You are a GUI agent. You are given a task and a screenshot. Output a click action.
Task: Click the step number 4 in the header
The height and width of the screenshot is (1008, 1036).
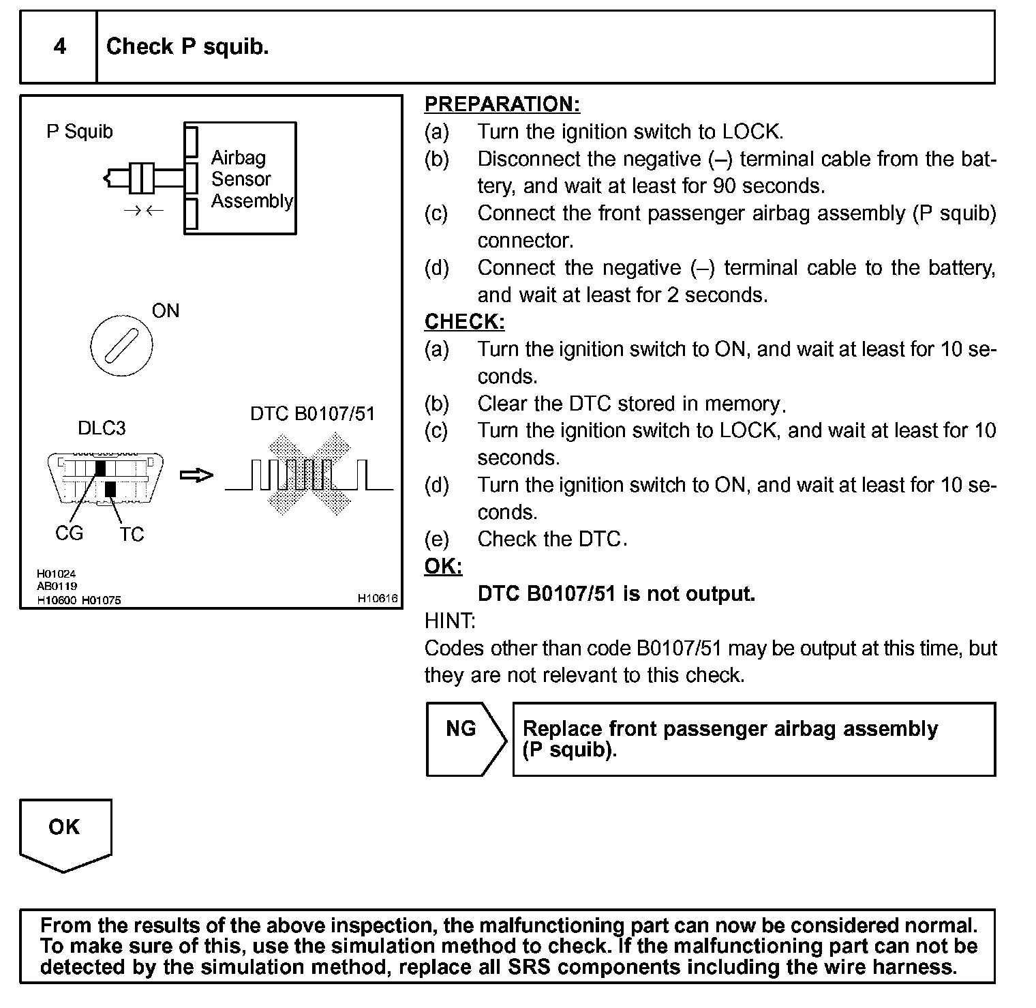click(x=60, y=46)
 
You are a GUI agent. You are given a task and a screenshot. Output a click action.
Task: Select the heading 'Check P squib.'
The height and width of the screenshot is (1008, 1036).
click(x=187, y=46)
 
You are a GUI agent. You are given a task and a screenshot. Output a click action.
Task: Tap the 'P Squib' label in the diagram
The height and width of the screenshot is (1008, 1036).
click(x=79, y=131)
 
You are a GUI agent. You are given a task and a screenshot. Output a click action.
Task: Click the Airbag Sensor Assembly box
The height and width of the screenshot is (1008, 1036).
click(x=241, y=179)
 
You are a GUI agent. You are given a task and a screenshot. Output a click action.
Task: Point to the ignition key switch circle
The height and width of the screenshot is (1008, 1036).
click(x=121, y=345)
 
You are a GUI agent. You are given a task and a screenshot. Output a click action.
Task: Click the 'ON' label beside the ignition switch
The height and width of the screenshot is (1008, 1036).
click(x=166, y=311)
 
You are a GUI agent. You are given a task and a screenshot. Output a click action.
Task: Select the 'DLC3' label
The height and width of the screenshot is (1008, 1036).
click(x=102, y=428)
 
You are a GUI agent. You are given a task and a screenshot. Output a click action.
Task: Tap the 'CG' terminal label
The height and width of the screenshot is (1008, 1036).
click(x=69, y=533)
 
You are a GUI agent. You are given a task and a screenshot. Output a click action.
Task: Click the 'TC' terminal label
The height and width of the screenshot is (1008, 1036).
click(x=132, y=535)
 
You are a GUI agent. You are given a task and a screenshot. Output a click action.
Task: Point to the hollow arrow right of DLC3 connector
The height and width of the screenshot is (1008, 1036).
click(x=196, y=475)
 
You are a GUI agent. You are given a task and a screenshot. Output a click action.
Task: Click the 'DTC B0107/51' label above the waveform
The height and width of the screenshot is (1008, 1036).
click(x=312, y=414)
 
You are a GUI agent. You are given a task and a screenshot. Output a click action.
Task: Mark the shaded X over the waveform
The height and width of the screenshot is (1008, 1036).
click(x=309, y=475)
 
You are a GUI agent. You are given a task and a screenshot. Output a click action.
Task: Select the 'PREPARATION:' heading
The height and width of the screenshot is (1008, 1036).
click(x=502, y=104)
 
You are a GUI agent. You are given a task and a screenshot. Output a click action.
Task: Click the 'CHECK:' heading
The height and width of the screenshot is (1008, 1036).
click(x=464, y=322)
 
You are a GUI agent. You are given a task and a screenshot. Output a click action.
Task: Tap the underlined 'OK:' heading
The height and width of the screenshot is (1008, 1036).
click(x=443, y=567)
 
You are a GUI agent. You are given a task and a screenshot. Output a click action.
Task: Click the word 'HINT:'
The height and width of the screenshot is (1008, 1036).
click(x=450, y=621)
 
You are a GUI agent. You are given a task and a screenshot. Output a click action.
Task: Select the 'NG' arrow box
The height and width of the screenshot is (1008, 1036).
click(x=463, y=739)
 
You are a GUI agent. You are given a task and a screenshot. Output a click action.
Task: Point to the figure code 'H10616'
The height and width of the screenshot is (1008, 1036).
click(x=378, y=598)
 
